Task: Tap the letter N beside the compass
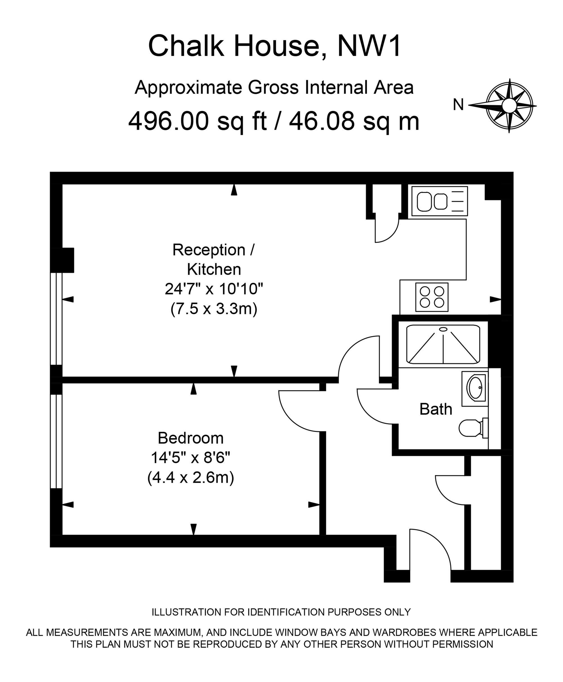(x=458, y=105)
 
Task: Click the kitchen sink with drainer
(x=439, y=201)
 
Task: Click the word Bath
(x=435, y=409)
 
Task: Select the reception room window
(x=56, y=319)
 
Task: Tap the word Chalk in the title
(x=186, y=46)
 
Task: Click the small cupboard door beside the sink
(x=386, y=231)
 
